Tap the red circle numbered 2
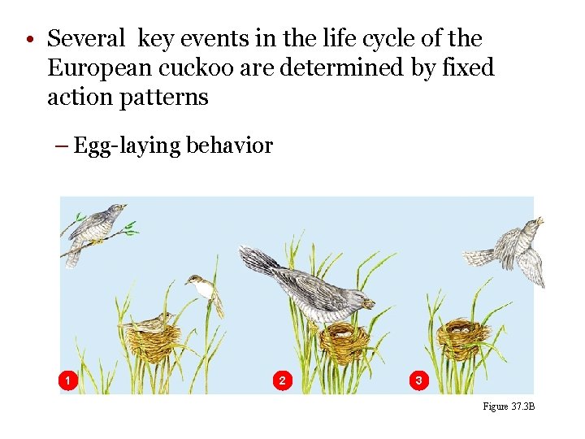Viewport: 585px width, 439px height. (x=281, y=380)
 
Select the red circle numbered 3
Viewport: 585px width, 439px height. (x=418, y=380)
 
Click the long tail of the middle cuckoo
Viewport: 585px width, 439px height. (x=260, y=261)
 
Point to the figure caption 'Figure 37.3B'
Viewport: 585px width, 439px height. (x=509, y=406)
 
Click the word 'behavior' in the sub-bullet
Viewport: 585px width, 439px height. (x=229, y=146)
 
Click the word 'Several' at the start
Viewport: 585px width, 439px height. (x=87, y=38)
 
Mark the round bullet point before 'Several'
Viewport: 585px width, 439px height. (x=29, y=40)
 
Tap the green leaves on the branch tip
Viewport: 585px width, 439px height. (x=129, y=228)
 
